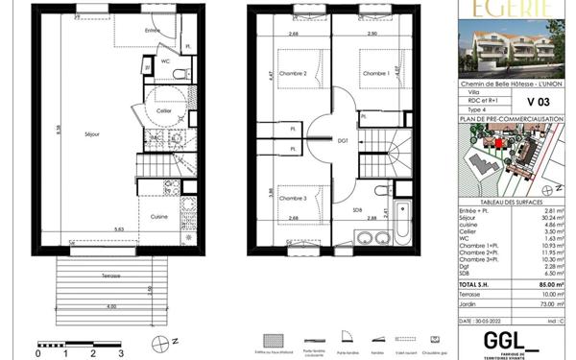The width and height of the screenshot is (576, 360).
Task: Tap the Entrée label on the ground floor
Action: click(x=152, y=32)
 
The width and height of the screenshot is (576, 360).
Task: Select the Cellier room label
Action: click(x=164, y=111)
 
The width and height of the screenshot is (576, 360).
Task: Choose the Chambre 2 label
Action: click(x=292, y=74)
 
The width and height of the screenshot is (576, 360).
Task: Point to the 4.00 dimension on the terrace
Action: click(x=112, y=305)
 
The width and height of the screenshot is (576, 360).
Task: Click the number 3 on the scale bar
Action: click(x=121, y=353)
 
